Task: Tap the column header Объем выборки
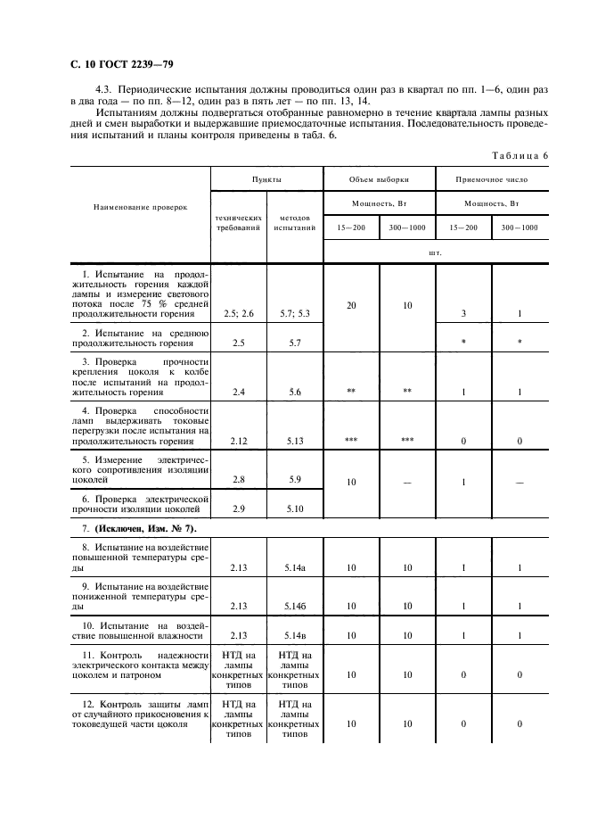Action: pyautogui.click(x=378, y=179)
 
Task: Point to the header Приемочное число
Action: pyautogui.click(x=491, y=179)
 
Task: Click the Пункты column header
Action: pyautogui.click(x=266, y=179)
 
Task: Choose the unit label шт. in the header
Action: pyautogui.click(x=435, y=252)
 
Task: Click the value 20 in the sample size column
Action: pyautogui.click(x=351, y=305)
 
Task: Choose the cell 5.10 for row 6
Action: pyautogui.click(x=292, y=508)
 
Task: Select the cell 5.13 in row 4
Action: pyautogui.click(x=292, y=441)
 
